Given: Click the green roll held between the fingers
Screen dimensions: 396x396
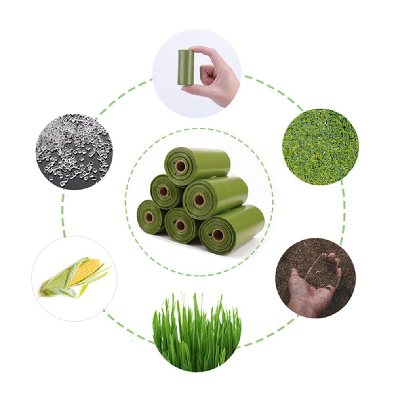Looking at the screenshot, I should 186,67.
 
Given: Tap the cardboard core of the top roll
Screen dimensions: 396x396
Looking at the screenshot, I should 181,166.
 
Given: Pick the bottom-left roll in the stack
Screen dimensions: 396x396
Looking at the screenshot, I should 150,217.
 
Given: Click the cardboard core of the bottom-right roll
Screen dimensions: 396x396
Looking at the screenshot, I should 217,235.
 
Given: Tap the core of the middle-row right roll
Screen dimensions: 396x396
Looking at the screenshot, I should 199,200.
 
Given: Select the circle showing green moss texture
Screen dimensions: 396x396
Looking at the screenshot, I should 320,147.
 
